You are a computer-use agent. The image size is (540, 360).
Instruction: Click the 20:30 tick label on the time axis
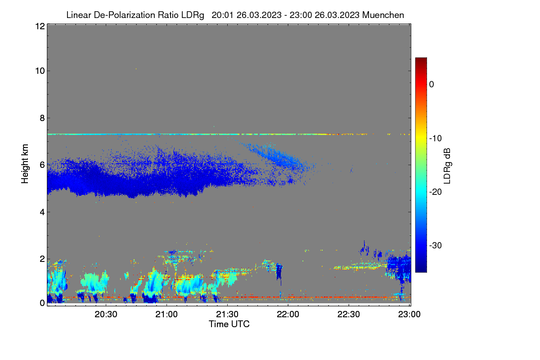click(x=106, y=315)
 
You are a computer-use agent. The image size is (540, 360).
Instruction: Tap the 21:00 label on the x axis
click(x=166, y=315)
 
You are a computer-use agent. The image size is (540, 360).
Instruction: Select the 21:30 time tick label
click(x=227, y=315)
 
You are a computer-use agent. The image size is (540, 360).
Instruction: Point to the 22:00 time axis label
click(x=288, y=315)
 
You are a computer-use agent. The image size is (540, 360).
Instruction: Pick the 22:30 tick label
click(x=349, y=315)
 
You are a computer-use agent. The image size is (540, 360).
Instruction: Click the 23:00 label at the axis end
click(x=409, y=315)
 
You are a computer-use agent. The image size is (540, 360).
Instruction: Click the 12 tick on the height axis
click(x=40, y=26)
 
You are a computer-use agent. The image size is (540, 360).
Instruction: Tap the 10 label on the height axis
click(x=40, y=71)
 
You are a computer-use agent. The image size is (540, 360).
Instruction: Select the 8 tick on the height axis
click(x=42, y=118)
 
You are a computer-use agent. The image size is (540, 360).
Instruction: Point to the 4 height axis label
click(x=42, y=212)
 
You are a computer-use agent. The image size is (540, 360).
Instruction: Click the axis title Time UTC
click(x=229, y=324)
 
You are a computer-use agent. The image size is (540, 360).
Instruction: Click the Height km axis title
click(x=25, y=164)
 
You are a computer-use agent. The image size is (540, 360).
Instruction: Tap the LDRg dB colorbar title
click(x=447, y=166)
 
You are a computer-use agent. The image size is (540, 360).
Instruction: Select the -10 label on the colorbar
click(x=436, y=139)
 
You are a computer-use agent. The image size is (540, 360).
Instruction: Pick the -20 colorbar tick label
click(x=436, y=192)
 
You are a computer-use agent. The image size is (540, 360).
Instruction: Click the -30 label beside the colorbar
click(x=436, y=245)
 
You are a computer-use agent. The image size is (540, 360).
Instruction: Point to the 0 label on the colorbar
click(x=432, y=85)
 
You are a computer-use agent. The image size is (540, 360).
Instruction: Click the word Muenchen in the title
click(x=383, y=15)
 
